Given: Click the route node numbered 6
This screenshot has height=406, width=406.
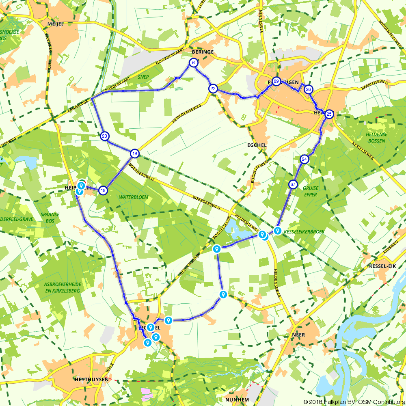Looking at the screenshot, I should (193, 63).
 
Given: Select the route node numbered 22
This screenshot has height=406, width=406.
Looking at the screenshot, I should (213, 89).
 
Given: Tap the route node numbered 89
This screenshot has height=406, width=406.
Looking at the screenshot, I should (276, 81).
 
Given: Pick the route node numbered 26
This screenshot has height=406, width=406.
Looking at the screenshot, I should (309, 89).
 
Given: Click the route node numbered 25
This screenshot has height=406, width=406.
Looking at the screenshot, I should (329, 114).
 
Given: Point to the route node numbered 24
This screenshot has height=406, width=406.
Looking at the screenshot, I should (304, 159).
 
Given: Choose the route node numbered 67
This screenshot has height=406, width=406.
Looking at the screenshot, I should (293, 185).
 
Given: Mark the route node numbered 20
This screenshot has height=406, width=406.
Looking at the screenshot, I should (105, 136).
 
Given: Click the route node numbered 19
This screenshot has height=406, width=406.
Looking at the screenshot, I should (135, 153).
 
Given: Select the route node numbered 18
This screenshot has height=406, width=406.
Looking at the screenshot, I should (103, 190).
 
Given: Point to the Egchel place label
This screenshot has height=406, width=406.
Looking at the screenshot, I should (257, 145).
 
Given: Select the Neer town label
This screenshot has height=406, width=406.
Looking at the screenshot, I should (298, 335).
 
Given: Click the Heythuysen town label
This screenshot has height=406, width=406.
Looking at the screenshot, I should (91, 379).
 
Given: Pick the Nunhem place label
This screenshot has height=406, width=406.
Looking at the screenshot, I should (237, 400).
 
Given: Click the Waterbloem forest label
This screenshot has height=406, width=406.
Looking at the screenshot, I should (134, 197).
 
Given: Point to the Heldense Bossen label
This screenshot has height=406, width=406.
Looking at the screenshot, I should (376, 137).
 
